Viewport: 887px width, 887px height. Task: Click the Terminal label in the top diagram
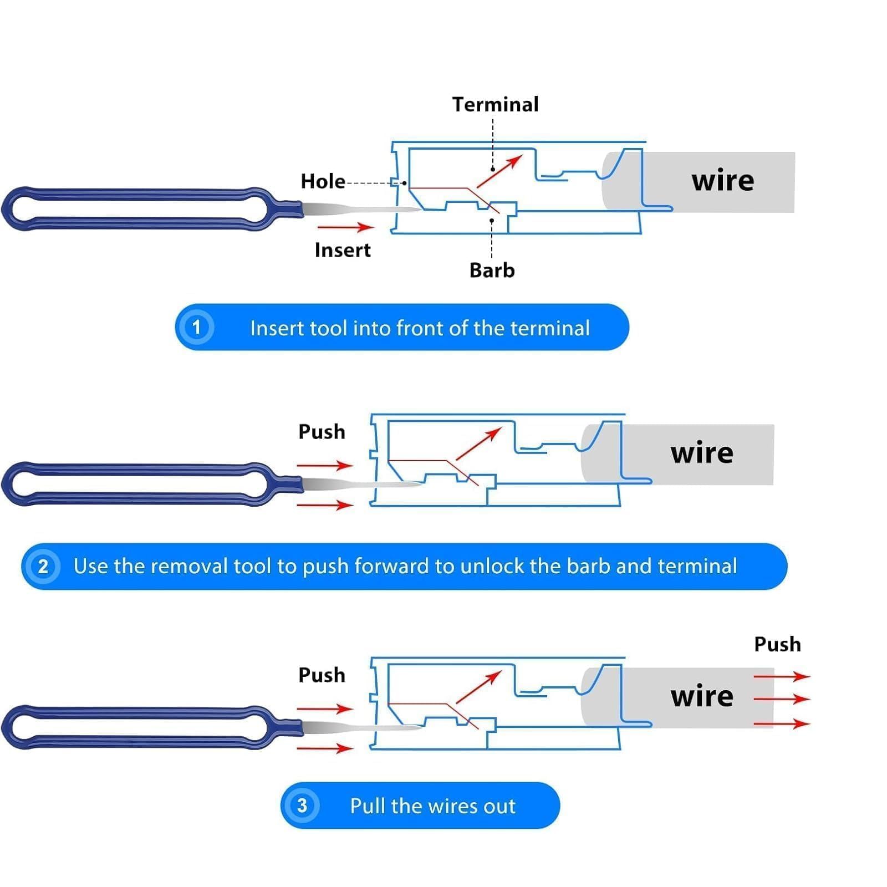click(x=495, y=104)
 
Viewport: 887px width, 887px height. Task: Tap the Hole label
click(x=323, y=181)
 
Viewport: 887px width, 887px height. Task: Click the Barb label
click(x=492, y=270)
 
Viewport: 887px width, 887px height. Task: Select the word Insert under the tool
click(x=343, y=250)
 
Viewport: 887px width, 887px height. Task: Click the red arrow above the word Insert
click(x=345, y=227)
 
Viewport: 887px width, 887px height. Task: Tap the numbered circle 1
click(x=196, y=327)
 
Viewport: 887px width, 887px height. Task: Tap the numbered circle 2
click(x=43, y=566)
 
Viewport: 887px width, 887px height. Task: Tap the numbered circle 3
click(x=302, y=805)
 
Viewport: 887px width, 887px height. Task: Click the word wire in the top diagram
click(x=722, y=181)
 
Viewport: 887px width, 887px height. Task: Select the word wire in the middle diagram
click(x=702, y=453)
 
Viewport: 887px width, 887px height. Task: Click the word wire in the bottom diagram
click(x=702, y=696)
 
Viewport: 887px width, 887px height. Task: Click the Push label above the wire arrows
click(x=777, y=644)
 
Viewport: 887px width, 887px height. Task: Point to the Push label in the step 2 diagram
click(x=322, y=432)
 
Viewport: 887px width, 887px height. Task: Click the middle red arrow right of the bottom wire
click(x=782, y=699)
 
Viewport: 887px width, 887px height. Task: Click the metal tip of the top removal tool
click(x=360, y=210)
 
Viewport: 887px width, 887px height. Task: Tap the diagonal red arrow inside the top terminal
click(x=499, y=171)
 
